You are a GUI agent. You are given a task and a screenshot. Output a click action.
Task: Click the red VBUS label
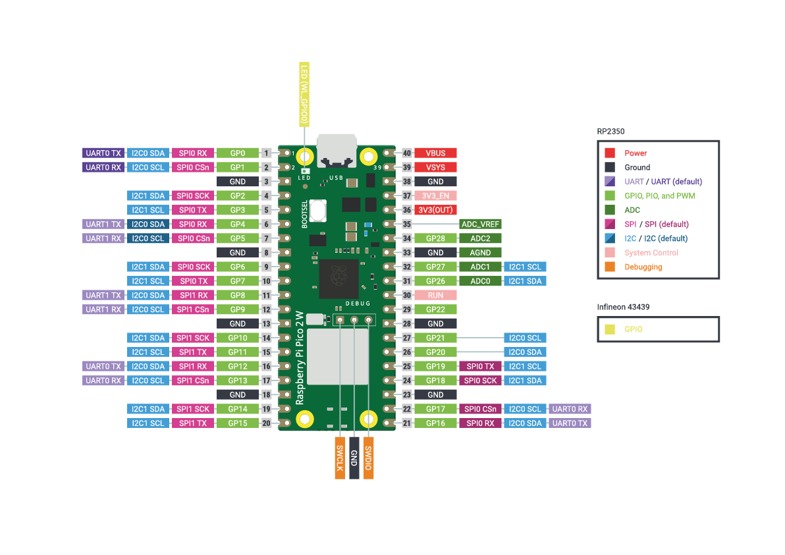435,153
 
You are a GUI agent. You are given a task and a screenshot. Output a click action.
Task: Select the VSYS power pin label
435,167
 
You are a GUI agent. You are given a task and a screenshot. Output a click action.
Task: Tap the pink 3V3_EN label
435,196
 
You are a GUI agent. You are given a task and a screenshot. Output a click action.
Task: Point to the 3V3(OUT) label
435,210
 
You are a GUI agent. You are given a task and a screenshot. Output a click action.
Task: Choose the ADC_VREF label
480,224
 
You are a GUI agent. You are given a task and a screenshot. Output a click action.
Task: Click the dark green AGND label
480,253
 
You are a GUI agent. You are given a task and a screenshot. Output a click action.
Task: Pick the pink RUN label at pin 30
435,296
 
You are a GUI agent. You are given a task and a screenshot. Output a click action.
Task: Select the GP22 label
435,309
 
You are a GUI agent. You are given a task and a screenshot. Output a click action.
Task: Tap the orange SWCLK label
340,458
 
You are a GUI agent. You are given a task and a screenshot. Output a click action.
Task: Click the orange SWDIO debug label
368,458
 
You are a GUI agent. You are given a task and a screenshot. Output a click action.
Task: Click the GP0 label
237,153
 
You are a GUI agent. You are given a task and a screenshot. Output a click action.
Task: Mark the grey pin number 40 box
407,153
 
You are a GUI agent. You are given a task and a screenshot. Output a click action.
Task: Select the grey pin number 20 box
266,423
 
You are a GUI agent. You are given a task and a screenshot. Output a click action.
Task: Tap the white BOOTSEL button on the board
319,211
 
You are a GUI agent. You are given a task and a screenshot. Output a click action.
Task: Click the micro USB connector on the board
337,151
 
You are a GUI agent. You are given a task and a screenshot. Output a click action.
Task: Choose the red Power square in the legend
610,153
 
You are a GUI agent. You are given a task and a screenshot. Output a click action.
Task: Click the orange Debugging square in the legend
610,267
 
